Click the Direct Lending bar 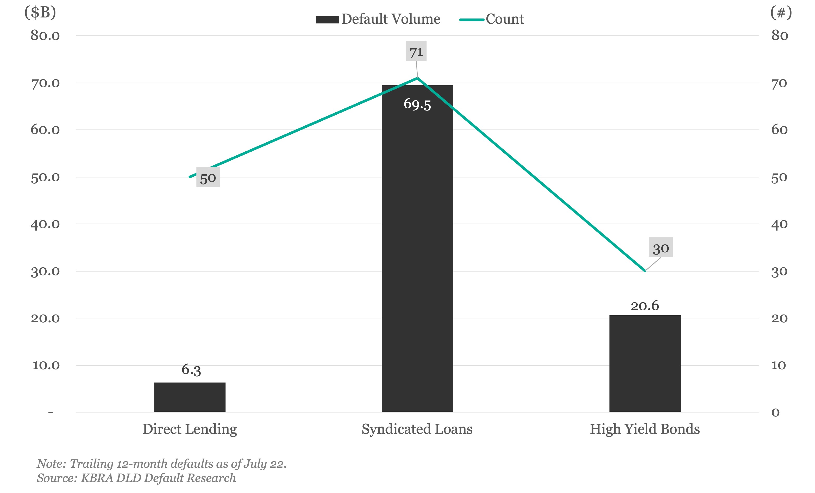(x=190, y=397)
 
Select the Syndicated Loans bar (x=417, y=248)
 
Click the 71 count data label (x=416, y=51)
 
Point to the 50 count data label (x=208, y=177)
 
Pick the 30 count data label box (x=661, y=248)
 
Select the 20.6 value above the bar (x=645, y=306)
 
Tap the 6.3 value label (x=191, y=369)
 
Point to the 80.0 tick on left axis (x=45, y=35)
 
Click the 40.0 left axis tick (x=45, y=224)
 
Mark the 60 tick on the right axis (x=779, y=130)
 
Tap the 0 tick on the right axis (x=776, y=412)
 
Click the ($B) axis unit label (x=40, y=13)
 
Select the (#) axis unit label (x=781, y=13)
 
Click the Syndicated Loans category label (x=417, y=429)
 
